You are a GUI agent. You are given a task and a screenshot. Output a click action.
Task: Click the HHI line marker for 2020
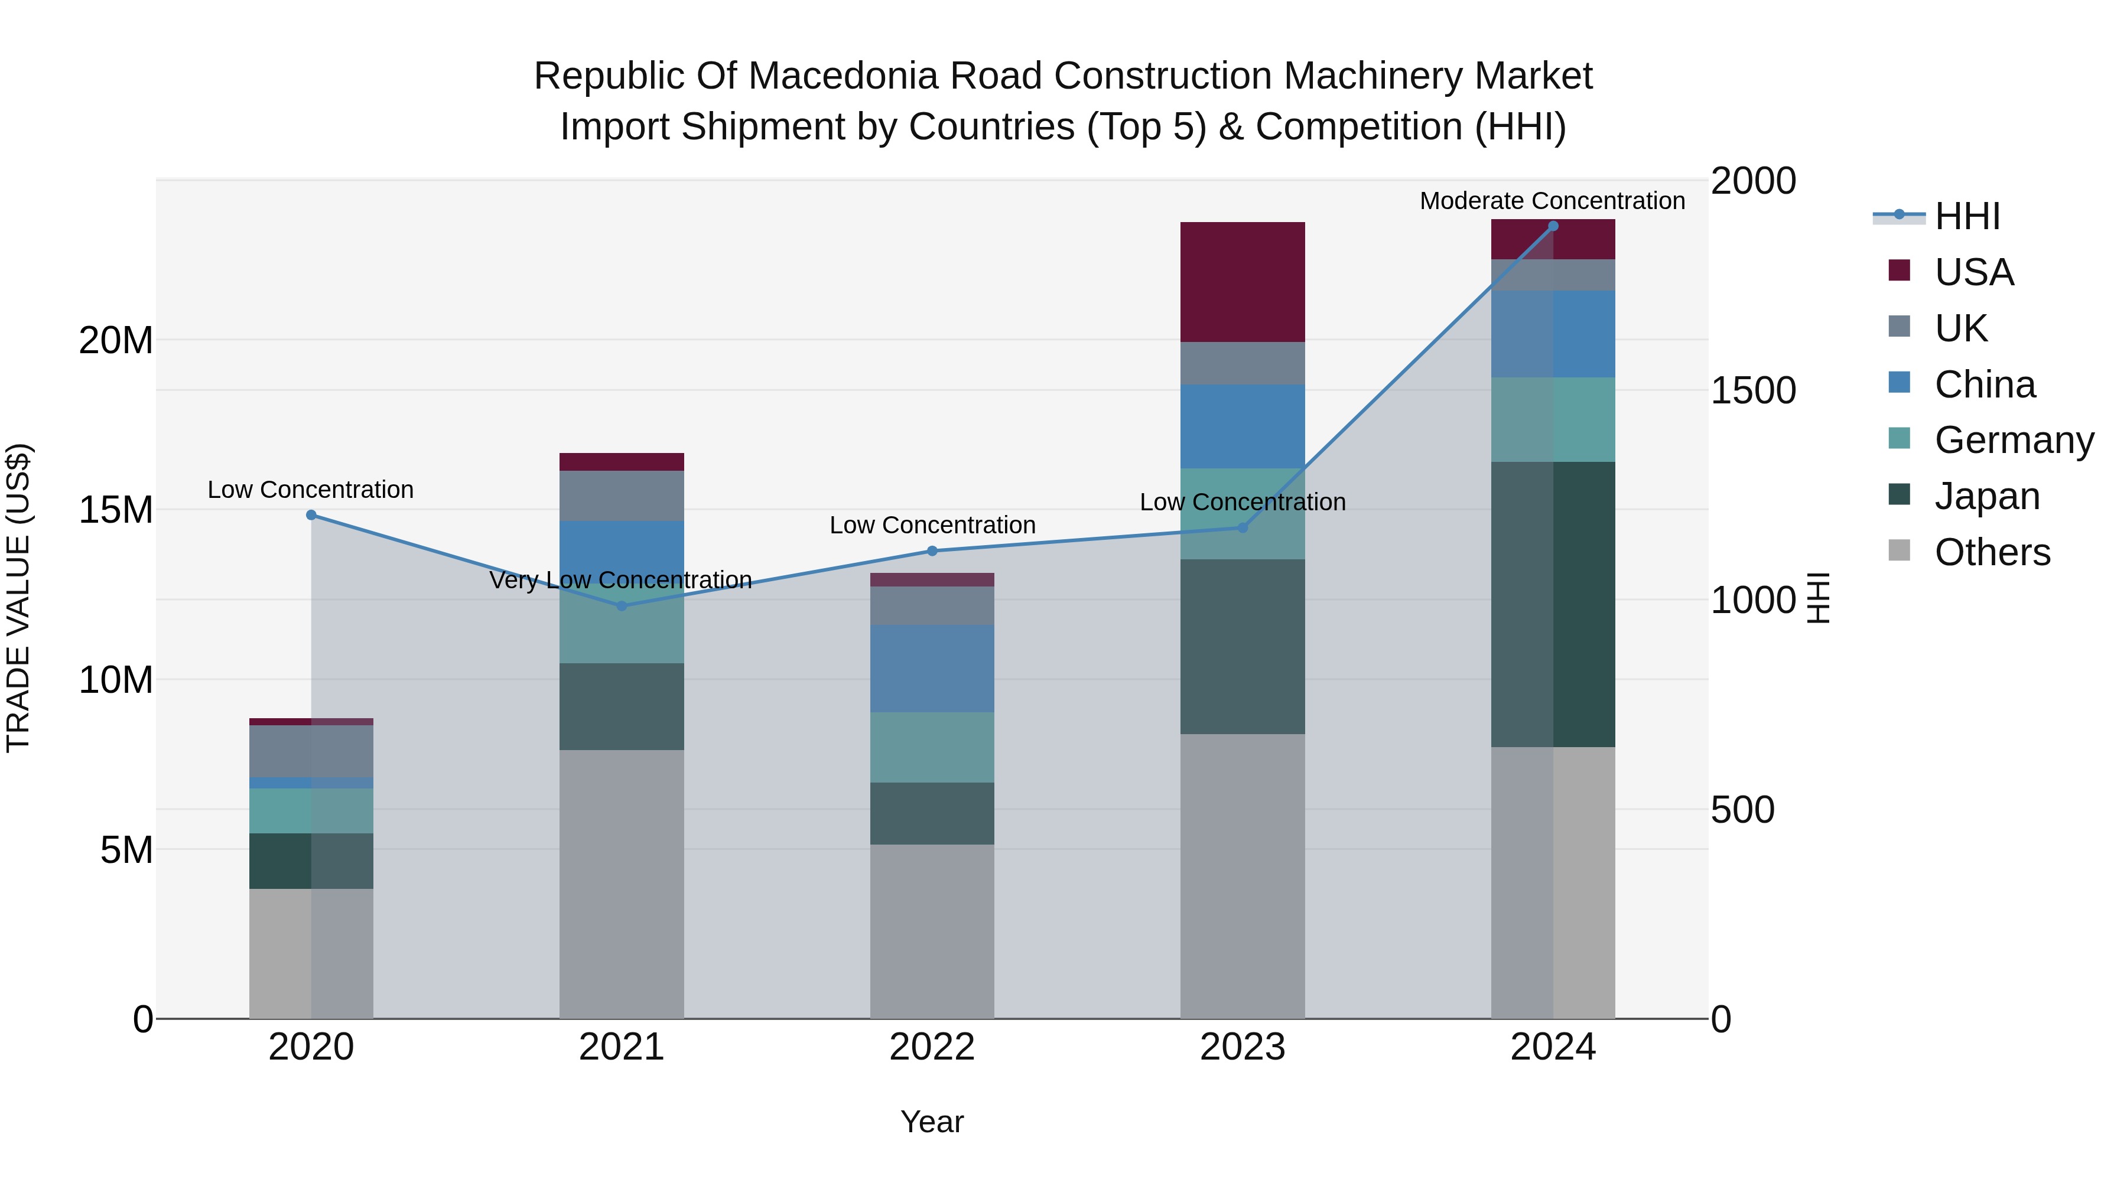311,515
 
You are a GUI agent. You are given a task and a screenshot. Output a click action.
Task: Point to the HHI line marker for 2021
622,606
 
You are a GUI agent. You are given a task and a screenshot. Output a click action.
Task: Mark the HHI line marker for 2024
1553,226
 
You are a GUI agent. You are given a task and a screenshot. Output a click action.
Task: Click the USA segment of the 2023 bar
1243,282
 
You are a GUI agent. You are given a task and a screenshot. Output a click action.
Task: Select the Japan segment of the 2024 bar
1553,604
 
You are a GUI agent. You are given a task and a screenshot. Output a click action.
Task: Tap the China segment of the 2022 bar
932,669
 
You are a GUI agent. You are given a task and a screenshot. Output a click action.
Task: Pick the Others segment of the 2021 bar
622,884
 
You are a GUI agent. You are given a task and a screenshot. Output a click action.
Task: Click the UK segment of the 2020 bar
311,751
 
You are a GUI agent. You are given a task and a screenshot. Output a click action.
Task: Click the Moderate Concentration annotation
1552,201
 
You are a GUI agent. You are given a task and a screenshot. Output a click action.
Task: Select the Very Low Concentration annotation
621,580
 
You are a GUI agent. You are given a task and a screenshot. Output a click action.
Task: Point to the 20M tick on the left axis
116,340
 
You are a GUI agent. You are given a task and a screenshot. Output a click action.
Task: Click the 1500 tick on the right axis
1753,390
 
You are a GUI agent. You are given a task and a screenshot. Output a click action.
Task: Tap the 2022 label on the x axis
932,1047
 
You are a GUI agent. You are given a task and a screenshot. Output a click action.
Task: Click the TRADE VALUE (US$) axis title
18,598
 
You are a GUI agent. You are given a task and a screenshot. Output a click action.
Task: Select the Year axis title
932,1122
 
